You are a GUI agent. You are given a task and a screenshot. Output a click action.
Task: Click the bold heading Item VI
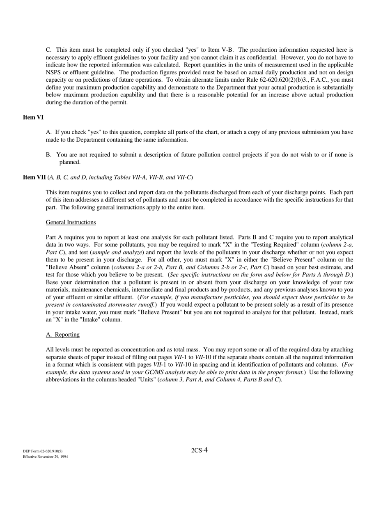(x=33, y=117)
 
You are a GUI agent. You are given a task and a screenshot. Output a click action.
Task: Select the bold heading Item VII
(x=34, y=177)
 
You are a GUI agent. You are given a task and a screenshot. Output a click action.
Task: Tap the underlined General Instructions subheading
(x=71, y=222)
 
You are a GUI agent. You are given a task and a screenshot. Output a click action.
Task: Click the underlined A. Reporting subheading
(x=62, y=335)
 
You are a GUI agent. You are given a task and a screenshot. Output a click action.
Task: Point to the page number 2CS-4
(x=199, y=450)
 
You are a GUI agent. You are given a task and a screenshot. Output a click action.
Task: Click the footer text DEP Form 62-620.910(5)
(x=43, y=451)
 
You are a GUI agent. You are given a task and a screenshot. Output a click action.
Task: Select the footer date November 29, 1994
(x=53, y=457)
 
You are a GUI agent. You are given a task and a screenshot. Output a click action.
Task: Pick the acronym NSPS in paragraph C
(x=53, y=73)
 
